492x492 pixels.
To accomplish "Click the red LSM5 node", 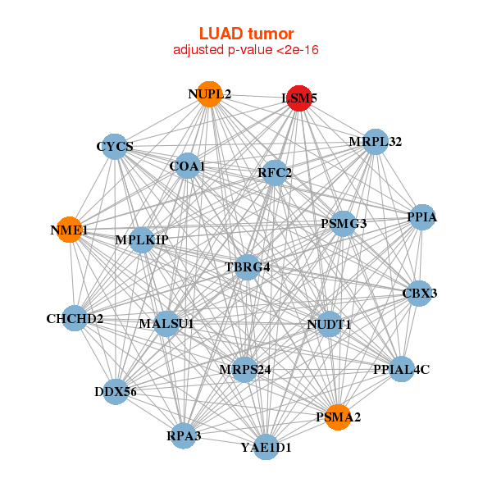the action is point(298,97).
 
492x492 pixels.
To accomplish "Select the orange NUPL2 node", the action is point(210,94).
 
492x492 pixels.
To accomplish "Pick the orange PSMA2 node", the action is point(338,417).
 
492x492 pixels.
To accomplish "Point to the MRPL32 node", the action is point(375,141).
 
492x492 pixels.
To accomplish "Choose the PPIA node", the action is point(421,217).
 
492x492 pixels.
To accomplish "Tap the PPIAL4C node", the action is point(400,369).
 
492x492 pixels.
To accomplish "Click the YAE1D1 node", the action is point(266,447).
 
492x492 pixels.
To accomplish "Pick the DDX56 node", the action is point(116,392).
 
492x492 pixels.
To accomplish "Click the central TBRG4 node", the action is point(248,267).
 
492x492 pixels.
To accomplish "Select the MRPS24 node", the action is point(245,369).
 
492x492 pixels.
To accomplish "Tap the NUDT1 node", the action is point(329,324).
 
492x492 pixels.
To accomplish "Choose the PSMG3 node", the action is point(343,223).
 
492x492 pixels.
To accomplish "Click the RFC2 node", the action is point(275,172).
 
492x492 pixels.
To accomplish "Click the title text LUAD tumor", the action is point(246,34).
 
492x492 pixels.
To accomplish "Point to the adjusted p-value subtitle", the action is point(246,50).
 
